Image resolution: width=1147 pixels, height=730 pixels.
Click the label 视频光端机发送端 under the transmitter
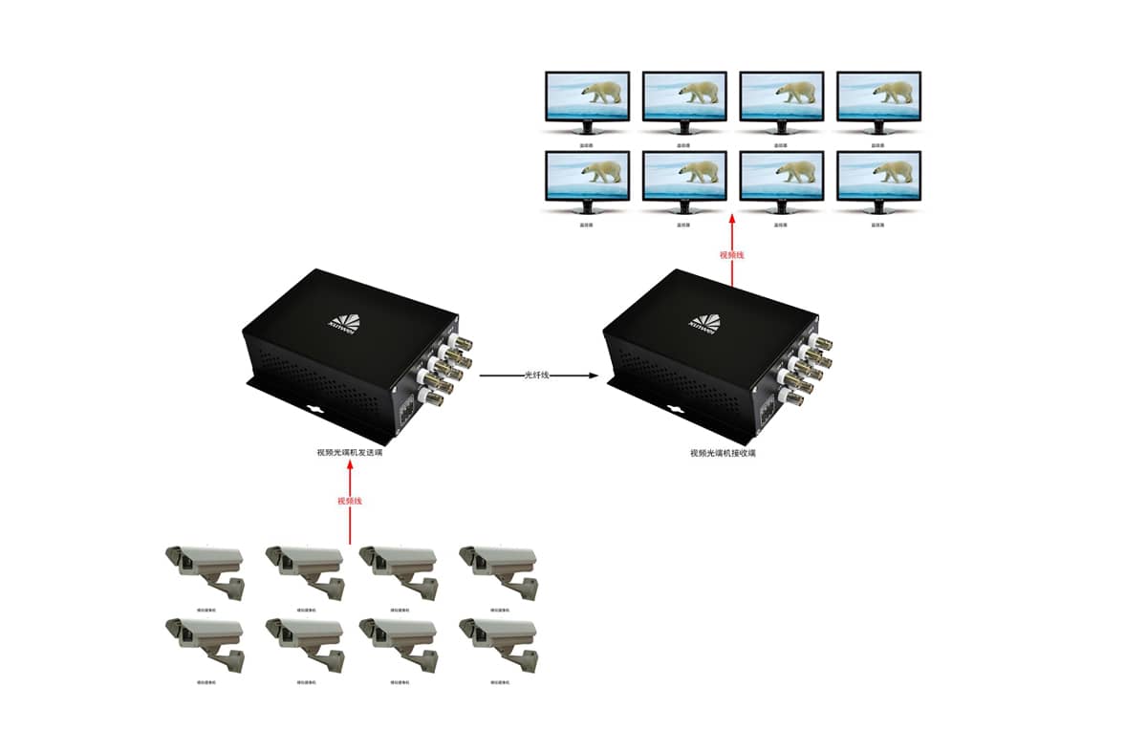click(x=351, y=452)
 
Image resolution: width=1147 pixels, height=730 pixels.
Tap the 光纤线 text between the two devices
click(x=537, y=376)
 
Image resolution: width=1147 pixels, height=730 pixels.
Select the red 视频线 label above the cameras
click(x=350, y=501)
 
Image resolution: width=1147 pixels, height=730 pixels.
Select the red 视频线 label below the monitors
click(x=731, y=255)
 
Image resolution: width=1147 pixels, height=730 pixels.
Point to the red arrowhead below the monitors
click(x=731, y=220)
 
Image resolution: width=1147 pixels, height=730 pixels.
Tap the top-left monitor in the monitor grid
click(x=587, y=96)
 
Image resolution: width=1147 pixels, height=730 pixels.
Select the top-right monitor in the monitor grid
click(x=878, y=96)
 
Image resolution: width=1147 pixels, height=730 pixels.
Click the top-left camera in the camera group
click(x=205, y=569)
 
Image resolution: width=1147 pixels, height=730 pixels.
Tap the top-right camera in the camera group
click(x=498, y=569)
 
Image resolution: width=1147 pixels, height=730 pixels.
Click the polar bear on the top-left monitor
click(x=603, y=93)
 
